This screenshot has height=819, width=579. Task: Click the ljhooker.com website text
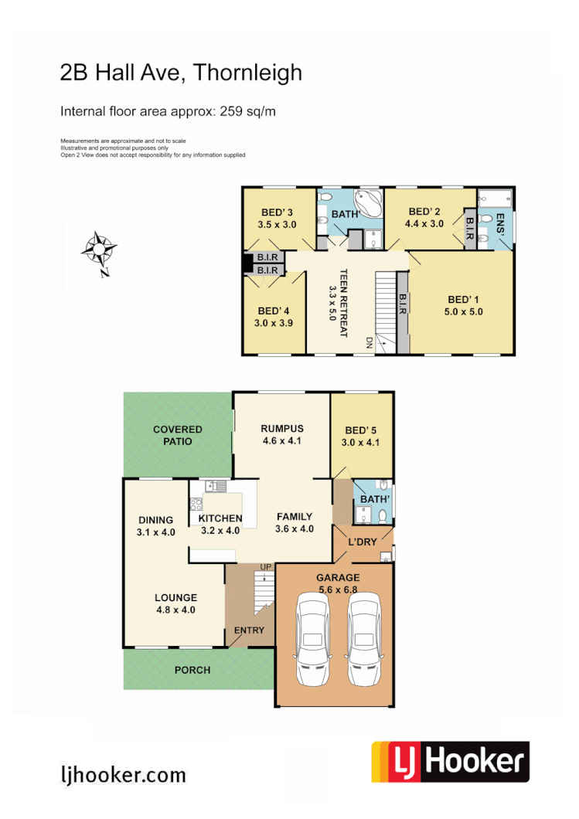123,774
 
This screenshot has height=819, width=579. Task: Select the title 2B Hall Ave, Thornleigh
181,73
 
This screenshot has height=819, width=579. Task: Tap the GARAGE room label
338,577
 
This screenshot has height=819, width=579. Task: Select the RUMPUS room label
282,429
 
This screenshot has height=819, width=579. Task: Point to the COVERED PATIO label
177,435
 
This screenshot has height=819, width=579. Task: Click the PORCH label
192,670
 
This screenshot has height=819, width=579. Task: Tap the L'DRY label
362,542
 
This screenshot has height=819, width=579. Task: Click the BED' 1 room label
465,300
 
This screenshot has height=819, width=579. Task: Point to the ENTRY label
249,630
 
